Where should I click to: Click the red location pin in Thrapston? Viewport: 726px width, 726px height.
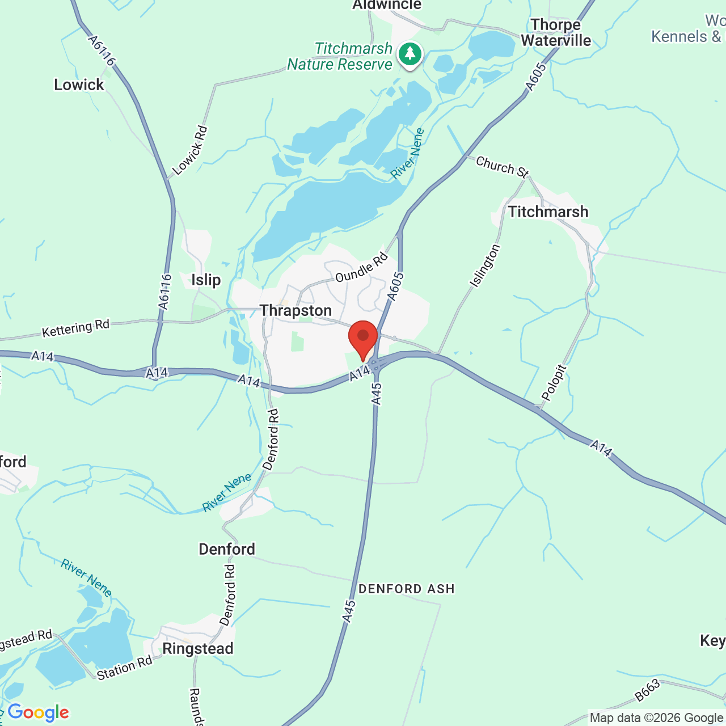pos(363,339)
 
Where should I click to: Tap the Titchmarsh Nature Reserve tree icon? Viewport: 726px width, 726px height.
pos(410,54)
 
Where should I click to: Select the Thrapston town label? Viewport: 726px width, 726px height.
pos(296,310)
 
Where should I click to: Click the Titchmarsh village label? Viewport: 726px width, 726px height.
pos(548,212)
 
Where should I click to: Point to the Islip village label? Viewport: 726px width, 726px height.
pos(206,280)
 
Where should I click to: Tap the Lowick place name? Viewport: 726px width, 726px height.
pos(79,85)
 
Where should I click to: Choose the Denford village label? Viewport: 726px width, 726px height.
pos(227,548)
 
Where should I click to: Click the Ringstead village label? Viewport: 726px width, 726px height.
pos(198,648)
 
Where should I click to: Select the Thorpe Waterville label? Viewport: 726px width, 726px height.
pos(556,32)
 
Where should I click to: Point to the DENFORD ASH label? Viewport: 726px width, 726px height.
pos(407,589)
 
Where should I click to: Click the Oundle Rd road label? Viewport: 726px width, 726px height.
pos(361,268)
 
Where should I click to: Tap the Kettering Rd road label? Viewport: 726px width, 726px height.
pos(75,328)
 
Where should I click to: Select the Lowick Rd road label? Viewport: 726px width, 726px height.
pos(190,150)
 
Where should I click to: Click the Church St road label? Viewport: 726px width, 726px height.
pos(502,166)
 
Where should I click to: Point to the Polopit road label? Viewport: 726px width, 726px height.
pos(554,383)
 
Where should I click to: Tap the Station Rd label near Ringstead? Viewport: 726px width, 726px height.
pos(124,668)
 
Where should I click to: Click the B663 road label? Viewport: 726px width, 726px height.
pos(647,690)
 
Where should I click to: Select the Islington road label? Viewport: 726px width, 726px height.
pos(485,265)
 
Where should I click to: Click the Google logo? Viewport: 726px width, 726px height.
pos(38,712)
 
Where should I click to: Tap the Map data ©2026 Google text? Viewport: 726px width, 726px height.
pos(656,718)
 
